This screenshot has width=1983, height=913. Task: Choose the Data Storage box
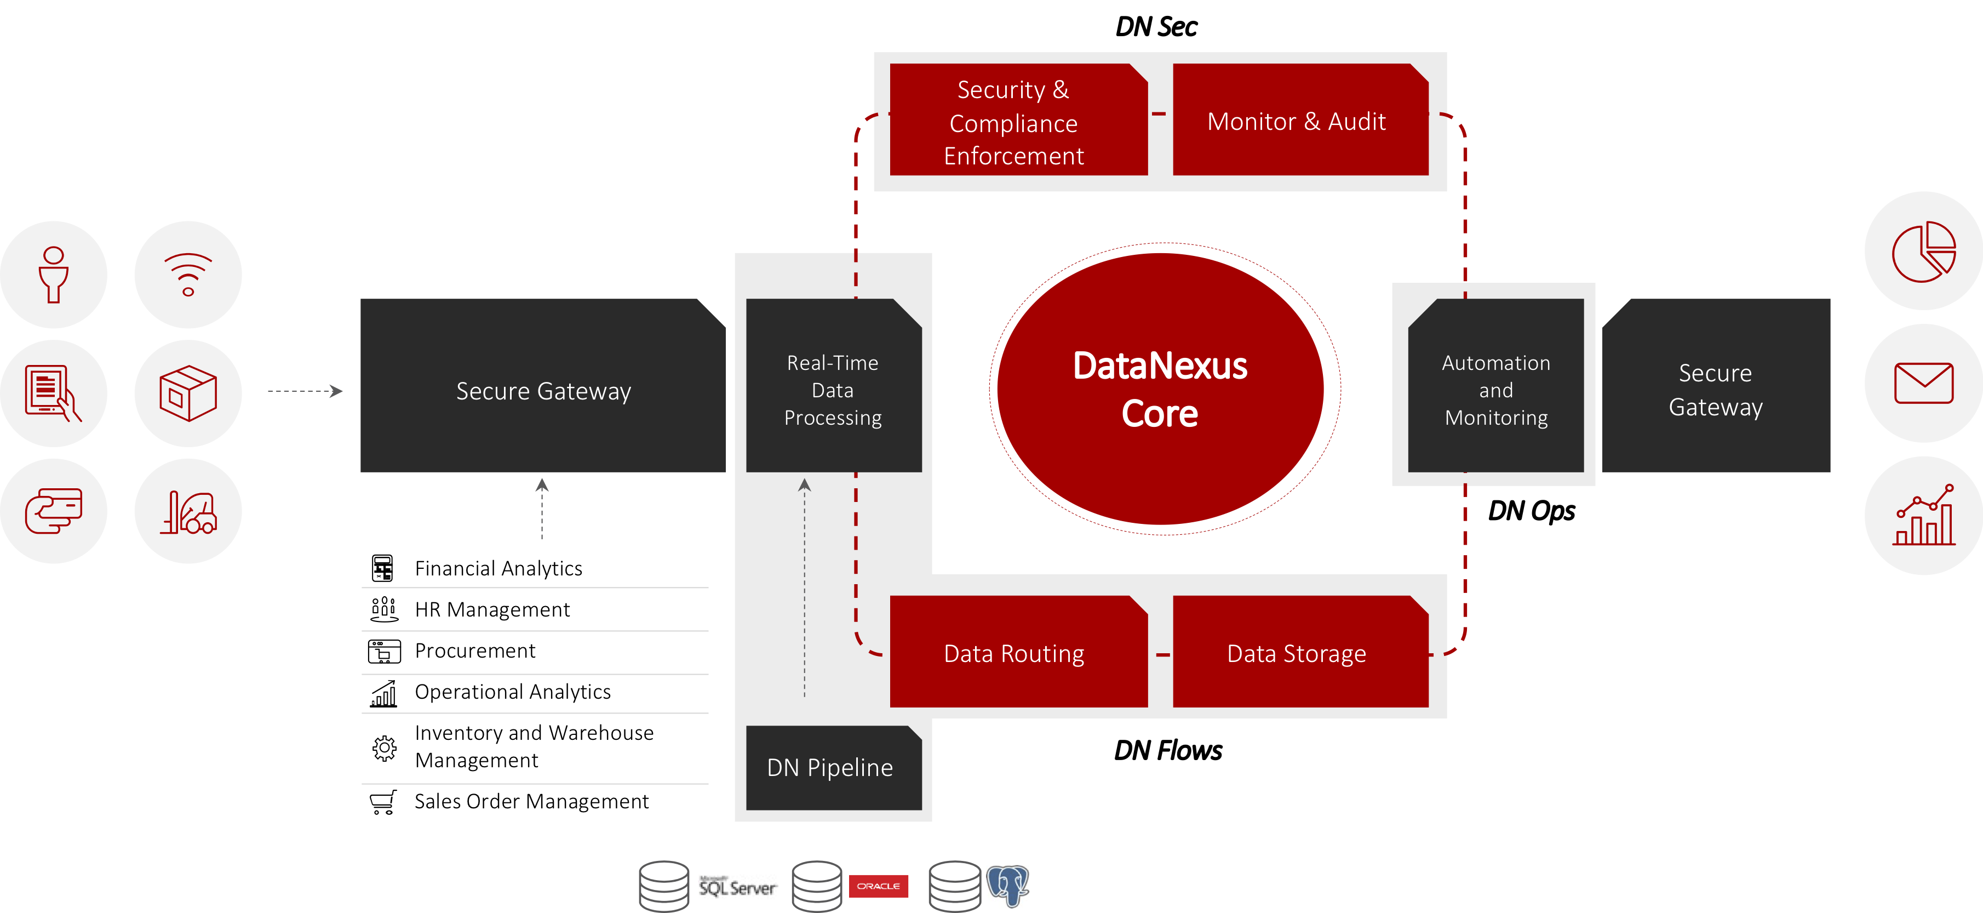point(1299,653)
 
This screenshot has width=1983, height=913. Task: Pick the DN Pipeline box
point(832,768)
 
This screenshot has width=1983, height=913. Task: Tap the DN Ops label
point(1531,510)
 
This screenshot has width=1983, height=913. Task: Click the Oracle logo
point(878,886)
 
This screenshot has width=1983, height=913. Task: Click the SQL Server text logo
point(737,887)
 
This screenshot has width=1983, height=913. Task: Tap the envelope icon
point(1923,383)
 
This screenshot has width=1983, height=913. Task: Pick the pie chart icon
point(1923,251)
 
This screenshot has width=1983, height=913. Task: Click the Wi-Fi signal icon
point(188,274)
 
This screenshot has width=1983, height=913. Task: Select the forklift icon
point(188,512)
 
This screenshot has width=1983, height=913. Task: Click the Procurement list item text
point(474,650)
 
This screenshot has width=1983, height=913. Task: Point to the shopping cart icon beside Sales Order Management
point(382,801)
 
